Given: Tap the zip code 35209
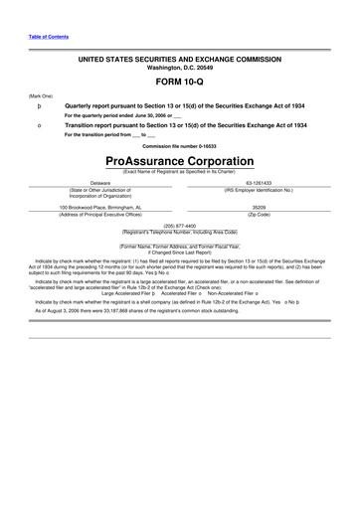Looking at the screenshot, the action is [x=271, y=207].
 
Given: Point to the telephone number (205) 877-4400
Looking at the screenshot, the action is [x=180, y=226].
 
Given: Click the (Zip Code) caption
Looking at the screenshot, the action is [x=271, y=214].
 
